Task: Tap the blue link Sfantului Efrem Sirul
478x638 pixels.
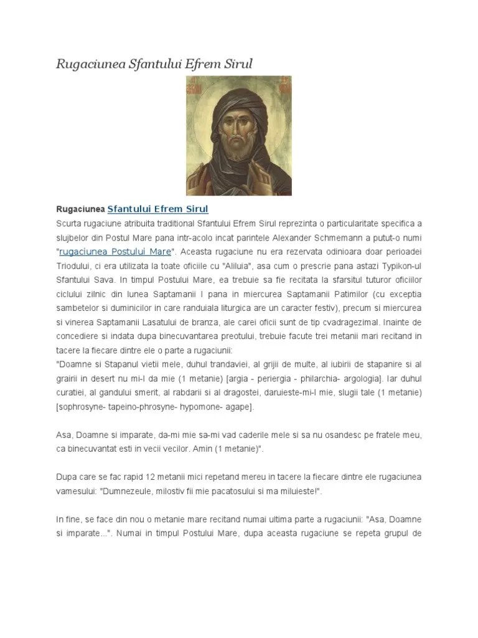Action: (x=157, y=209)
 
